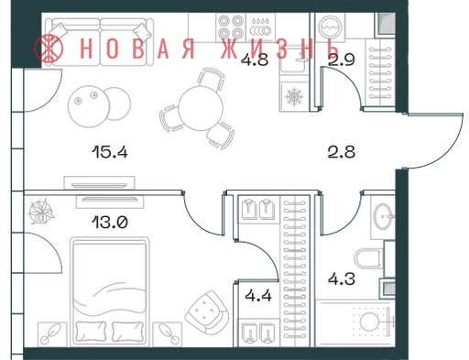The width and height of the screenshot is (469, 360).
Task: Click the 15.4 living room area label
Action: pos(110,152)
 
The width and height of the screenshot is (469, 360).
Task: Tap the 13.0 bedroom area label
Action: pos(110,222)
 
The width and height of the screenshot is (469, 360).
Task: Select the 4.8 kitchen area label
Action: pos(255,60)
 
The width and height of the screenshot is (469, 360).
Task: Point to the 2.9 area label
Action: pos(342,60)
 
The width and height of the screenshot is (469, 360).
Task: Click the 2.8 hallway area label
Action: pos(342,152)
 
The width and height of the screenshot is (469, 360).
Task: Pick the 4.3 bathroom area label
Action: pos(342,278)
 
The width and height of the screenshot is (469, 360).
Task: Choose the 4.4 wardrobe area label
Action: pos(258,296)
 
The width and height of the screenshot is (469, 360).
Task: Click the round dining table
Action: pos(201,108)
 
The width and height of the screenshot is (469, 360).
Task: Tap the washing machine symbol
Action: pos(330,27)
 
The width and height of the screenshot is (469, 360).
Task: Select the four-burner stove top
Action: pos(231,27)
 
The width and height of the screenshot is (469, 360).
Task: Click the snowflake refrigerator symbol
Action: pos(294,96)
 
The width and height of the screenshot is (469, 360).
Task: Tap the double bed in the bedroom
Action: pos(110,291)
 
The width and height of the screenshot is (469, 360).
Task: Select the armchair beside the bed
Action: pos(207,312)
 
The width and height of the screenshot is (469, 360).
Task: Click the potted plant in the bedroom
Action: pos(41,211)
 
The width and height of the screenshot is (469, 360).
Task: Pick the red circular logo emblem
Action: pos(49,49)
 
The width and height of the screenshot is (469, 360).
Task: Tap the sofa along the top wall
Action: pos(99,42)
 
